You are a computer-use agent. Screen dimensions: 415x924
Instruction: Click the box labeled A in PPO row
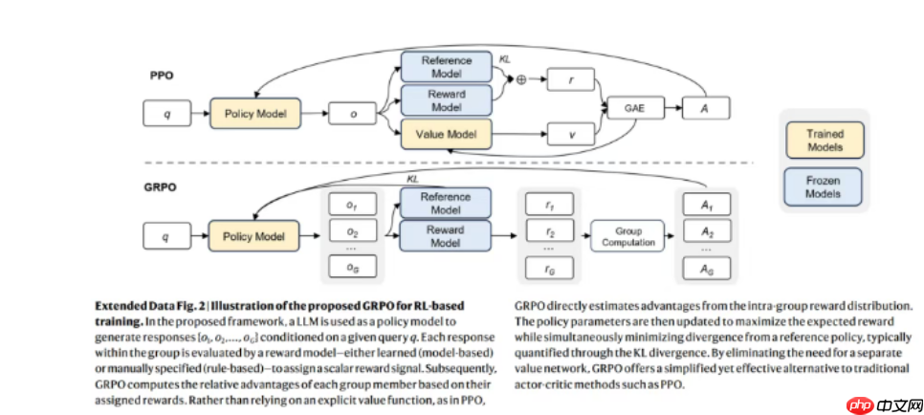(706, 108)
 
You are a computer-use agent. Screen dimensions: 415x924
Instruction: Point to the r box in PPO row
(572, 81)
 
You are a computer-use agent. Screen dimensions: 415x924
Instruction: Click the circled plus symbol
(521, 81)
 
